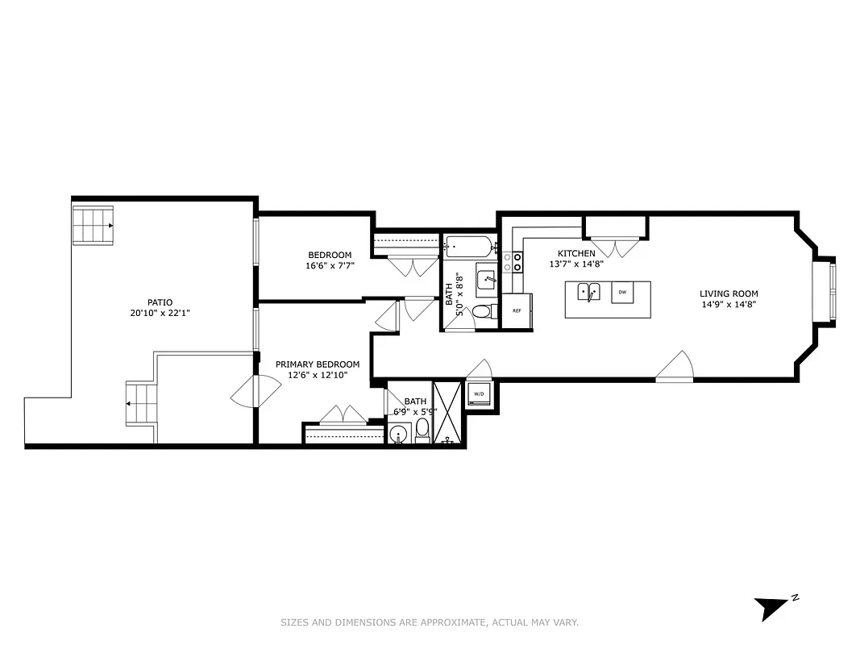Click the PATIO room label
160,302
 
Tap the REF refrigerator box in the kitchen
517,311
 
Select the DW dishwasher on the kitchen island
622,292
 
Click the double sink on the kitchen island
588,292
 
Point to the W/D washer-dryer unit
479,394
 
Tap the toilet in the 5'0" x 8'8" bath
481,312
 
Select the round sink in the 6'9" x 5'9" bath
397,435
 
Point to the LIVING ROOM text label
729,293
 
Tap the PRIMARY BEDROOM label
318,364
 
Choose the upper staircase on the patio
93,225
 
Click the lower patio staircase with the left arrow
139,404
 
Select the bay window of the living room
831,291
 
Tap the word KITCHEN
576,253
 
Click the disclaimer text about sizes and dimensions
430,622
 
